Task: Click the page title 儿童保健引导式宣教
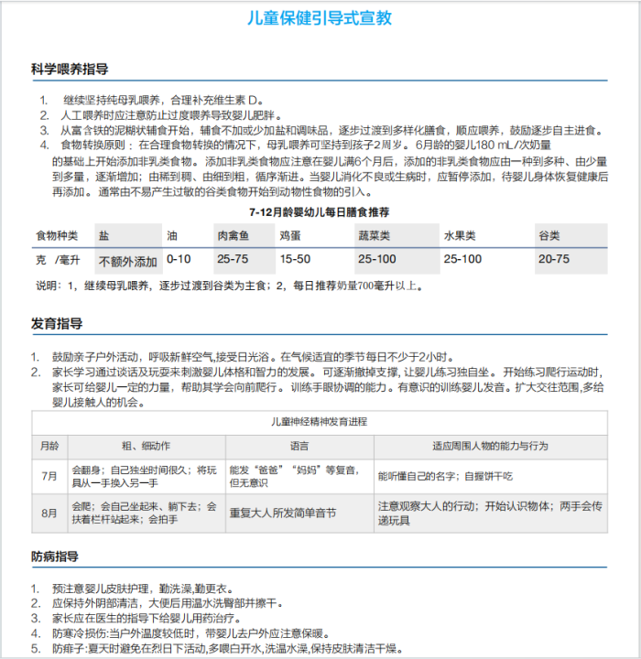[320, 18]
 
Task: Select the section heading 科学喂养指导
[70, 70]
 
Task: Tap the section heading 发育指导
[57, 324]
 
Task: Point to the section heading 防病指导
[57, 556]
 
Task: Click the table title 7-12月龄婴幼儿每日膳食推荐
[320, 211]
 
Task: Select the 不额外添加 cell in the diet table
[128, 261]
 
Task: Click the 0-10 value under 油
[179, 260]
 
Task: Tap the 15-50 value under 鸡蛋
[295, 260]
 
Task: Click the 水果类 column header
[460, 235]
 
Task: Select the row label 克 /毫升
[57, 260]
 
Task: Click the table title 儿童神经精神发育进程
[320, 422]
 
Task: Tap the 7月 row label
[49, 477]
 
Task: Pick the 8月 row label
[49, 513]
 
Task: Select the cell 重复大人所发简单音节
[283, 513]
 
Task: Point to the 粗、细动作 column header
[146, 446]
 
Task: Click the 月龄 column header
[49, 446]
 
